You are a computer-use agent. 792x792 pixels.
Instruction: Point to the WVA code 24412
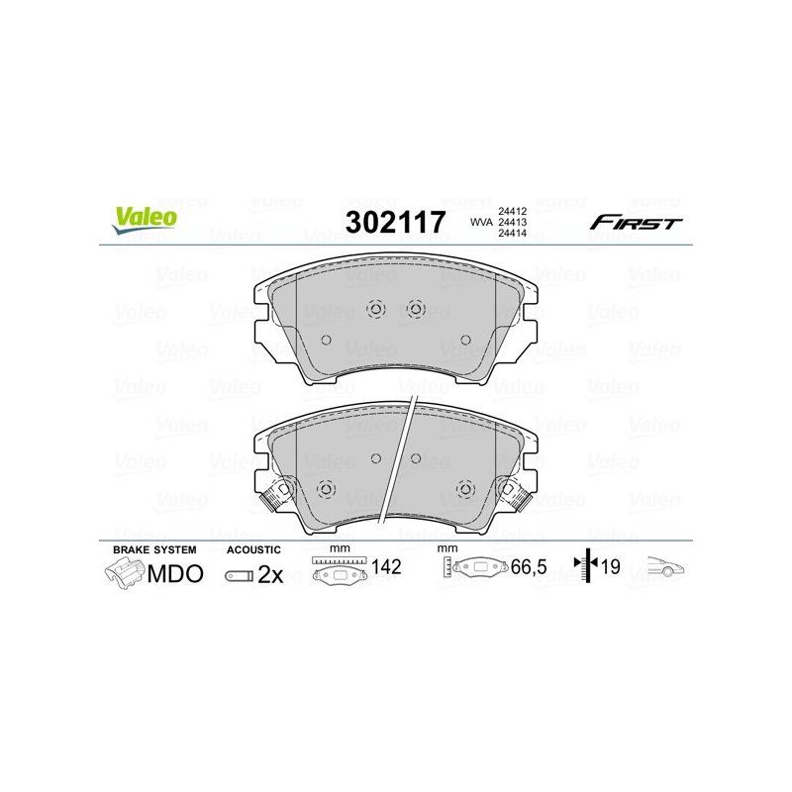coord(510,210)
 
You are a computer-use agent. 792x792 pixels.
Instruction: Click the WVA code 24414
coord(510,235)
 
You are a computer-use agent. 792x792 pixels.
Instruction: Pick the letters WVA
coord(480,222)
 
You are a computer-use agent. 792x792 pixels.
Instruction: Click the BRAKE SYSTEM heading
coord(153,548)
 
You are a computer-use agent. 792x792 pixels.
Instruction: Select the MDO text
coord(175,574)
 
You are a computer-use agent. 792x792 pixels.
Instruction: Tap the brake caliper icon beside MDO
coord(125,573)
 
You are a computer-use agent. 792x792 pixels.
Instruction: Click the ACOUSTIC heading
coord(254,548)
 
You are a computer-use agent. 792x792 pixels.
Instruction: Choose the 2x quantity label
coord(270,575)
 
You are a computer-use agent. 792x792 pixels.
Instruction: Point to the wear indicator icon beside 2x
coord(239,575)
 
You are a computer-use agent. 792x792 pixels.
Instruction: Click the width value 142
coord(387,568)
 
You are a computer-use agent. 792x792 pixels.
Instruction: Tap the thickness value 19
coord(609,568)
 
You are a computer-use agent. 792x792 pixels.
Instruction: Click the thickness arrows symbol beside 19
coord(586,567)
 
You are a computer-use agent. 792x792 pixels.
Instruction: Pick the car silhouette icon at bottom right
coord(665,568)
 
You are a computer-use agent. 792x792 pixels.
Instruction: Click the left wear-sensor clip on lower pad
coord(275,493)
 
